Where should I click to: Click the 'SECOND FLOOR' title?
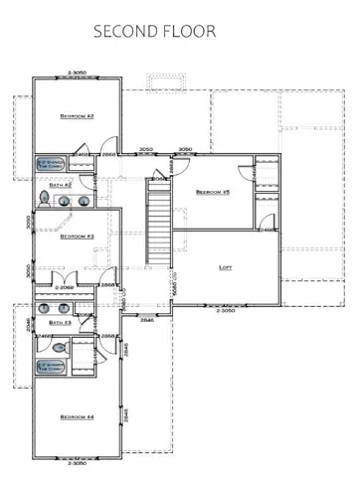click(x=154, y=31)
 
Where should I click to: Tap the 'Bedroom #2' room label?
click(x=77, y=116)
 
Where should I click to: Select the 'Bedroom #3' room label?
click(x=77, y=237)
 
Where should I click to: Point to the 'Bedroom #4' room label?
click(x=77, y=415)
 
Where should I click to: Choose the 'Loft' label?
click(x=226, y=267)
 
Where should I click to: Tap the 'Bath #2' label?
click(x=61, y=185)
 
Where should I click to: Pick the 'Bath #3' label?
click(x=61, y=322)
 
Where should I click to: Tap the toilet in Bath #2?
click(x=46, y=200)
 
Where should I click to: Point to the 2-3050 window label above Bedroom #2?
click(x=79, y=73)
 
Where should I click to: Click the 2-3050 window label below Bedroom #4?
click(x=79, y=462)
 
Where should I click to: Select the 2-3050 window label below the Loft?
click(x=226, y=311)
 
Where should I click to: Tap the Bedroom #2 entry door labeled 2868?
click(x=108, y=155)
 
